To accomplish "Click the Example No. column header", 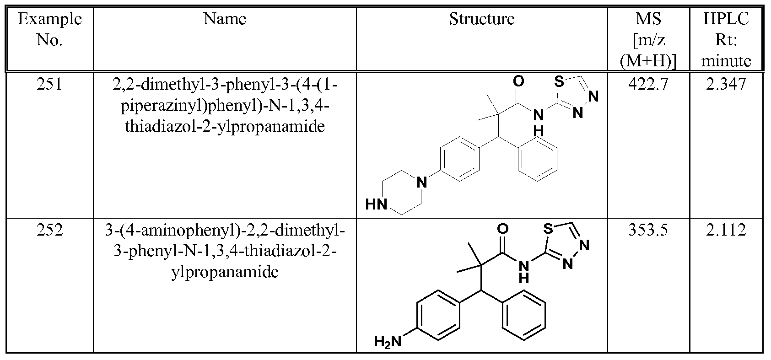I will (50, 29).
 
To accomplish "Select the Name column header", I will (225, 19).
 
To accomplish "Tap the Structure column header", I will (481, 19).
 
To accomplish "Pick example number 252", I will (50, 230).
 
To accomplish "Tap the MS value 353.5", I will (648, 230).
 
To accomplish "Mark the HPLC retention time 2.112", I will (726, 230).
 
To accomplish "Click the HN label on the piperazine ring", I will (376, 204).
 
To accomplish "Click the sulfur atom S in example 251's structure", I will (559, 82).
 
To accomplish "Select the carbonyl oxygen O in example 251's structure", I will (518, 81).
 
